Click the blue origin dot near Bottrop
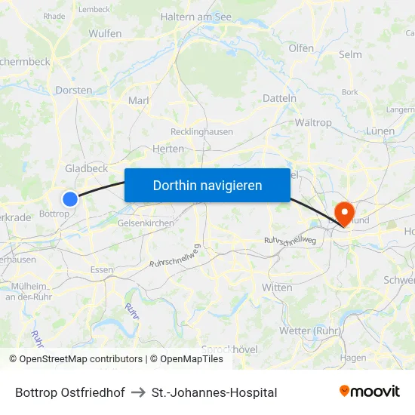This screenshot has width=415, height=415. coord(70,199)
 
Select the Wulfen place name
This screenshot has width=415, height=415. coord(105,34)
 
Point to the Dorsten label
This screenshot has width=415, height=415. coord(74,90)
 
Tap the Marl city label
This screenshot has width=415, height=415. coord(139,100)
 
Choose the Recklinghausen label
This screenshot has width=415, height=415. coord(201,131)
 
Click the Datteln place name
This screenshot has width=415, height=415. coord(279,98)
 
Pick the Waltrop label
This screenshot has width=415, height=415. coord(313,122)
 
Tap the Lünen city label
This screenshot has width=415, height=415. coord(379,131)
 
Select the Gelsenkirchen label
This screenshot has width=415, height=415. coord(146,223)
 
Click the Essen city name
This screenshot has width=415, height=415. coord(101,269)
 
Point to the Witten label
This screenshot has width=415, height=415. coord(276,287)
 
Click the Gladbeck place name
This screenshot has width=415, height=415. coord(86,168)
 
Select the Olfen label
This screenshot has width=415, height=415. coord(301,48)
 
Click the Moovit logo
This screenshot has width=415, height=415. coord(370,391)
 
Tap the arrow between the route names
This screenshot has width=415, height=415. coord(138,392)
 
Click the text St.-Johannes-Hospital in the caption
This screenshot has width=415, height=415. coord(214,392)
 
